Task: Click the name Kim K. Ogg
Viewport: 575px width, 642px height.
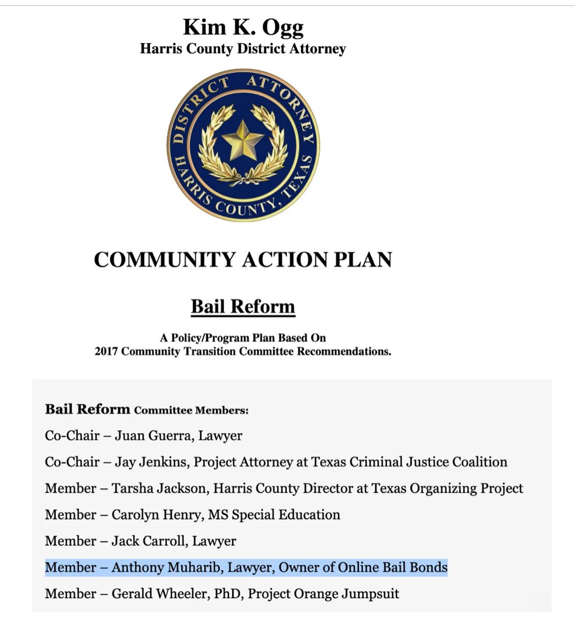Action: click(x=243, y=27)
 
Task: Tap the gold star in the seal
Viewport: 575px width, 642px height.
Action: click(x=243, y=140)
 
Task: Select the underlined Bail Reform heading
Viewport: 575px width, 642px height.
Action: click(x=243, y=307)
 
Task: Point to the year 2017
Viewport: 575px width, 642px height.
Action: click(x=106, y=351)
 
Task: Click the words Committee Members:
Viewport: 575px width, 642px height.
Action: click(x=191, y=410)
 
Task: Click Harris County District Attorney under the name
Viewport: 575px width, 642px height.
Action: click(x=243, y=49)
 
